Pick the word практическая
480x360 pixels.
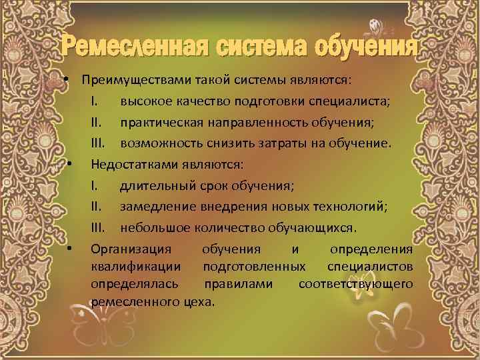point(154,123)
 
